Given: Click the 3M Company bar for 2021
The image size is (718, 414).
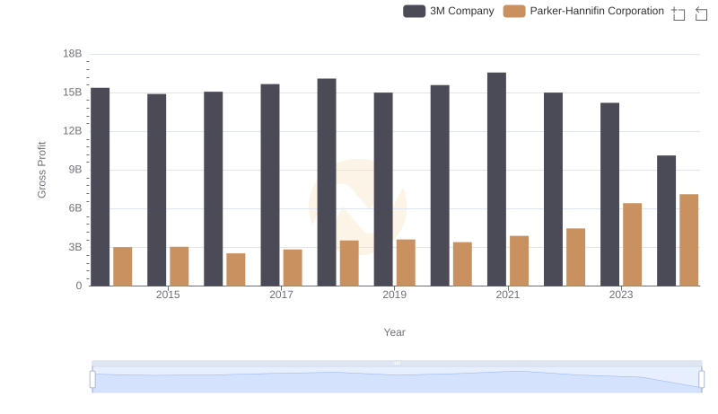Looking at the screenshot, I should [x=496, y=180].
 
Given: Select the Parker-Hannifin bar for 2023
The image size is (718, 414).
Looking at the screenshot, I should [x=632, y=244].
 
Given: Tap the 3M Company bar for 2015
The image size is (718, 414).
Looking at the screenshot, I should [x=156, y=189].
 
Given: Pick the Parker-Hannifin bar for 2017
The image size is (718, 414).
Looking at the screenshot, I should [x=293, y=268].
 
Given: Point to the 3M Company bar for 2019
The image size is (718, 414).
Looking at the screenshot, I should [x=383, y=189].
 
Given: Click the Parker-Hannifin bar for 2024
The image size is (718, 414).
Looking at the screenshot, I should [x=688, y=240].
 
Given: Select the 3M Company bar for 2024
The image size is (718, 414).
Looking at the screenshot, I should [x=666, y=221].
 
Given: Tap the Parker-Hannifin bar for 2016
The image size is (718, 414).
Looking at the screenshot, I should [x=236, y=269].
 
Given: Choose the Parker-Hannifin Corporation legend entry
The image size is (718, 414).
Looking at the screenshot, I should [x=584, y=12].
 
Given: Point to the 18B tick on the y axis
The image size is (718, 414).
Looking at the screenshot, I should [x=72, y=54].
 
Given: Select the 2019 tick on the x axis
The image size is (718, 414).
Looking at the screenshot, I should [x=394, y=295].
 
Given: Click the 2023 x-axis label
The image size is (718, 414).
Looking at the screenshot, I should [x=621, y=295].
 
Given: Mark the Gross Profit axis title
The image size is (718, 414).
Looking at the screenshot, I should [x=41, y=170].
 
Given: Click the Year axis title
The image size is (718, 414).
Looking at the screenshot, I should [x=395, y=332].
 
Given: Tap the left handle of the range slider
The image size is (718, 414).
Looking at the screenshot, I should [x=92, y=379].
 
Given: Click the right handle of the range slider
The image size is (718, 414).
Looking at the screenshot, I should [x=702, y=379].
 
